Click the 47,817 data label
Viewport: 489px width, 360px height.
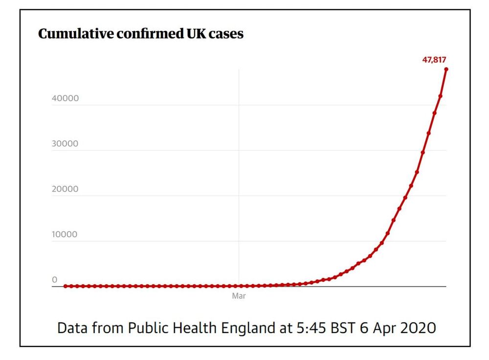(434, 60)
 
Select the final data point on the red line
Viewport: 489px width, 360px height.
(446, 69)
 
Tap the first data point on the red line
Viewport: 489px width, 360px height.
(66, 286)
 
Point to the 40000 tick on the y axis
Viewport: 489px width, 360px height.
(65, 98)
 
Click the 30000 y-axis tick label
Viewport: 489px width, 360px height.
(65, 144)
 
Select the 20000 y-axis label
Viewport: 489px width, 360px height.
(65, 189)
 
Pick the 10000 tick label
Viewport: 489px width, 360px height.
(65, 234)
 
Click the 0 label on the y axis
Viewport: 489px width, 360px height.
(55, 280)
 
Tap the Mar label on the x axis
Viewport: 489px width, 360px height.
(239, 296)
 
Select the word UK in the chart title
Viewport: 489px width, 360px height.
(185, 34)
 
